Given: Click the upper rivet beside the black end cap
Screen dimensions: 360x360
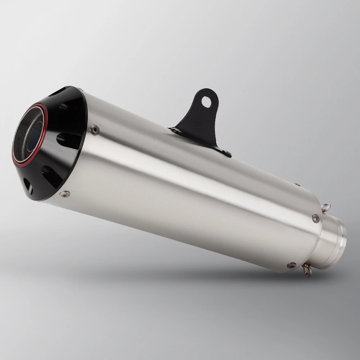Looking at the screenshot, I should [x=95, y=129].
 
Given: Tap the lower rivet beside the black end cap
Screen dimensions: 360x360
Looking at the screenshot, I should [x=65, y=194].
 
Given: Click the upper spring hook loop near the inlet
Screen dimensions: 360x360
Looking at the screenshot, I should [x=326, y=207].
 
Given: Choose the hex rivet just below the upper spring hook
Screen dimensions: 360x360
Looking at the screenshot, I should [x=316, y=218].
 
